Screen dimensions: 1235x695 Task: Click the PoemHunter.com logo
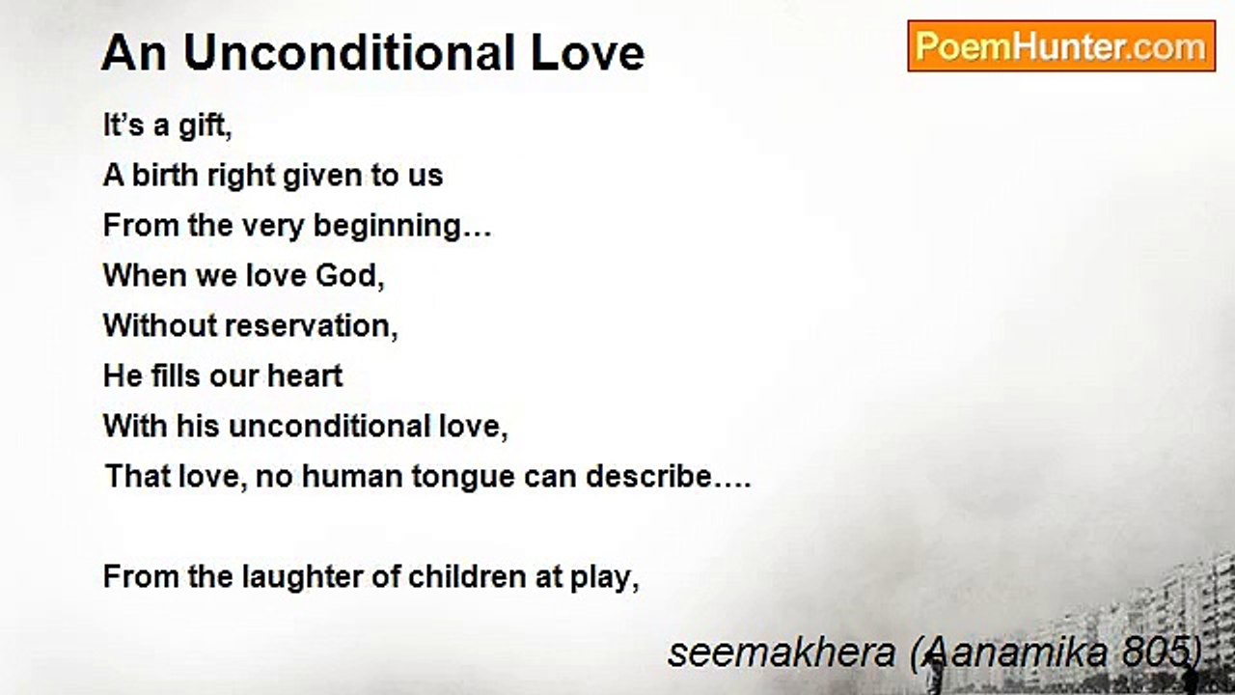(1061, 46)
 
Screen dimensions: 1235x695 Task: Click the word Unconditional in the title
(349, 53)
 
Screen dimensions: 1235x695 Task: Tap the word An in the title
(133, 53)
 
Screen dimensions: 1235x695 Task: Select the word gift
(206, 126)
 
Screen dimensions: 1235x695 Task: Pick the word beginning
(402, 227)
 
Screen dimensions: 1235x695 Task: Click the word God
(349, 275)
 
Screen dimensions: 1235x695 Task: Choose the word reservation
(312, 326)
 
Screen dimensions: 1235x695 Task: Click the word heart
(305, 375)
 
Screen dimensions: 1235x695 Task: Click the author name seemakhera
(782, 653)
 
